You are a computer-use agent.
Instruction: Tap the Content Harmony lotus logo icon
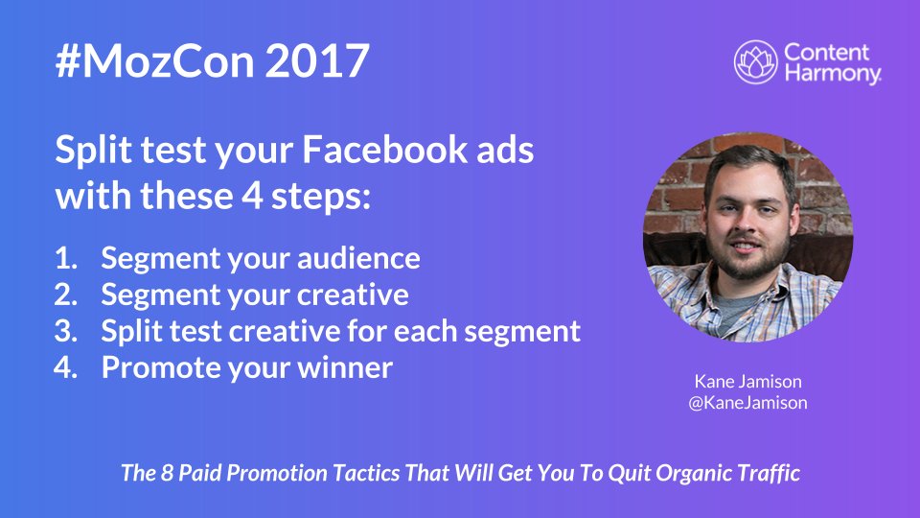[x=755, y=62]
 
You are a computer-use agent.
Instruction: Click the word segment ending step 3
[x=522, y=331]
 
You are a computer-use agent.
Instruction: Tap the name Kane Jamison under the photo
[x=747, y=382]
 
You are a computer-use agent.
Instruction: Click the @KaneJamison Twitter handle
[x=747, y=403]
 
